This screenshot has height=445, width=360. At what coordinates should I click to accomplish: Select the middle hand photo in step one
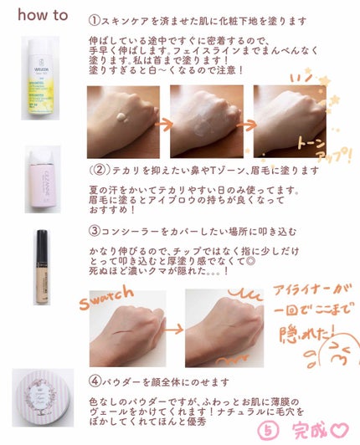(x=205, y=120)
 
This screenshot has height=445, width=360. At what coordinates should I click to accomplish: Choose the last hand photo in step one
(x=289, y=120)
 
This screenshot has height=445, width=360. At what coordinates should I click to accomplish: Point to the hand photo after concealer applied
(x=223, y=326)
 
